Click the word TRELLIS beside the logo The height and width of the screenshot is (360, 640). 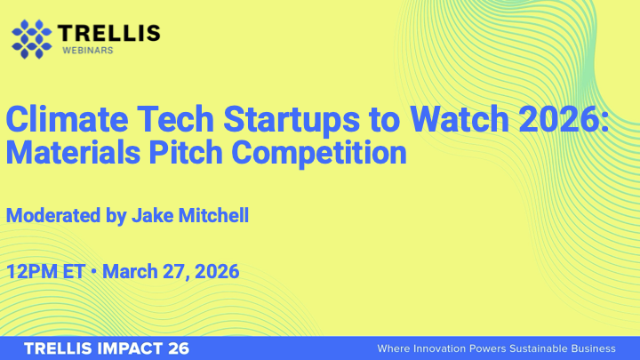pos(109,34)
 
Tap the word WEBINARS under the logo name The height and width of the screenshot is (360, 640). pos(86,52)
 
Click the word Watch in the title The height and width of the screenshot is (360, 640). pos(457,118)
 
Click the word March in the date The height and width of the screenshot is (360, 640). pos(131,271)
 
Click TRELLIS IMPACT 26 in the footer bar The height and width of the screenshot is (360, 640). pos(107,348)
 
